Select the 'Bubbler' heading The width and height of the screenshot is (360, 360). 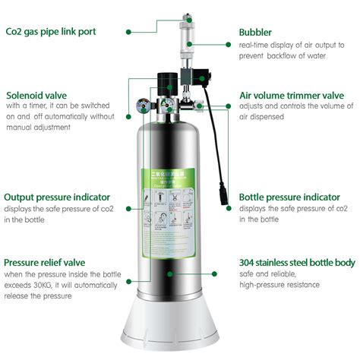(257, 33)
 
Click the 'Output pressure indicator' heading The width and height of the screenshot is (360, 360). (57, 197)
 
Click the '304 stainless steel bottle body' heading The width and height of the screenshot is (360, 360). (297, 263)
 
